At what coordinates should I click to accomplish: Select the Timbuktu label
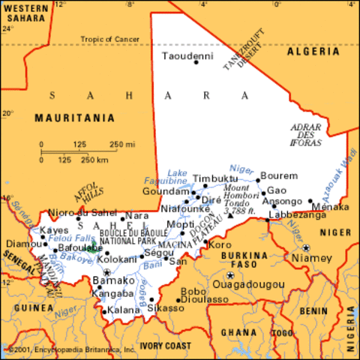(x=214, y=178)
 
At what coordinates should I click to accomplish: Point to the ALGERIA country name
(x=323, y=52)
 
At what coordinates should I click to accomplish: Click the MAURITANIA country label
(x=75, y=118)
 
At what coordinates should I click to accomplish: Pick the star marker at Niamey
(x=306, y=247)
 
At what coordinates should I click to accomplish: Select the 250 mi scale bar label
(x=123, y=144)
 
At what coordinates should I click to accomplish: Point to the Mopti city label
(x=181, y=224)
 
